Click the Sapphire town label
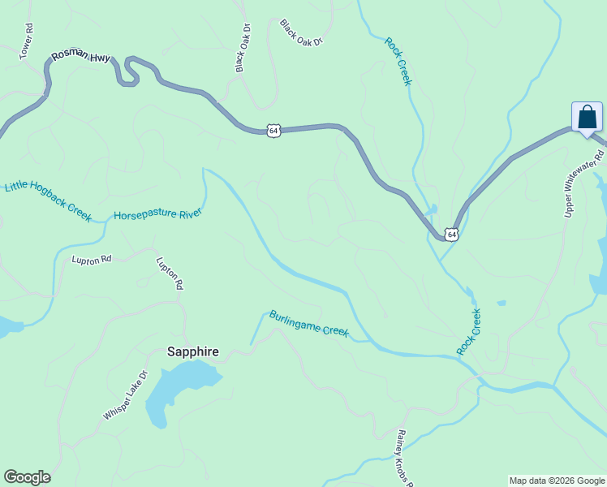coord(192,351)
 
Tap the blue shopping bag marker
coord(587,118)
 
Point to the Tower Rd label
coord(27,40)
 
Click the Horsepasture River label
coord(157,214)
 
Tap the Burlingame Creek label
coord(308,324)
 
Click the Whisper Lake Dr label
coord(126,395)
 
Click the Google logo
coord(27,477)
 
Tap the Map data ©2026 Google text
coord(557,481)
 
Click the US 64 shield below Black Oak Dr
coord(273,130)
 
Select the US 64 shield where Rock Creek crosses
coord(452,235)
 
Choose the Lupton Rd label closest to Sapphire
coord(170,274)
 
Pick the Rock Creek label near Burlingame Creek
coord(468,331)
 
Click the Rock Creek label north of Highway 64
coord(398,62)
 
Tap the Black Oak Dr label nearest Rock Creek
coord(301,32)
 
